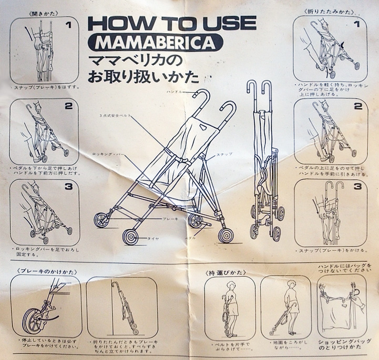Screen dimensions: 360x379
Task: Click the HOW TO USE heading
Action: click(171, 23)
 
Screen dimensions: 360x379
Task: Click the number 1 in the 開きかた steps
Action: click(68, 25)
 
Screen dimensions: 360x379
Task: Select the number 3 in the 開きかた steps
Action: click(68, 187)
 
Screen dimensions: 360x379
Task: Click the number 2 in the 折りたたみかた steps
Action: click(357, 106)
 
